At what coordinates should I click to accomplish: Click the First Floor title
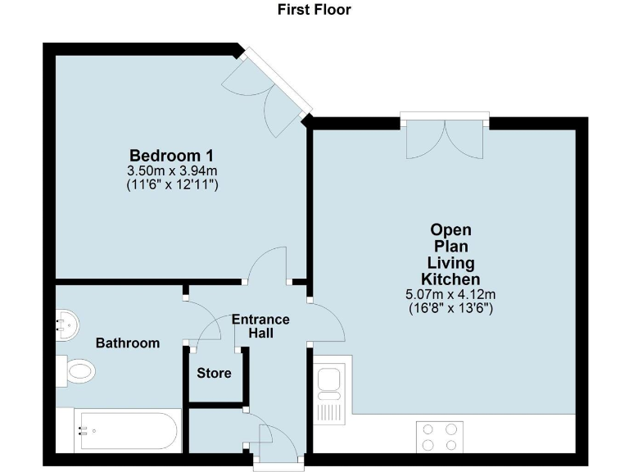coord(314,10)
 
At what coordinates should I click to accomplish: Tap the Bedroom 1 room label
coord(172,156)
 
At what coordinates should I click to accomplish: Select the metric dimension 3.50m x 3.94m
coord(172,170)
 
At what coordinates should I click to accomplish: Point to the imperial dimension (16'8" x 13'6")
coord(451,309)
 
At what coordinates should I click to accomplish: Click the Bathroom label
coord(128,343)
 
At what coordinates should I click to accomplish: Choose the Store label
coord(214,374)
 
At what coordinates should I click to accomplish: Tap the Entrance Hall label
coord(260,326)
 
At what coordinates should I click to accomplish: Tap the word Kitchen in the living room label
coord(451,279)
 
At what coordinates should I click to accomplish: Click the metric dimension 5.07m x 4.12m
coord(451,295)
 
